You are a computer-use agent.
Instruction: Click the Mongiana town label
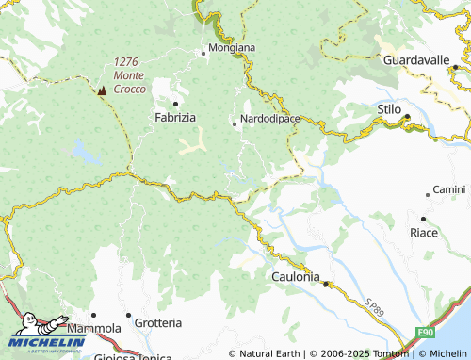[232, 47]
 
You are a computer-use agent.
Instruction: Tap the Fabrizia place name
[175, 118]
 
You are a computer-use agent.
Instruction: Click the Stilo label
[389, 110]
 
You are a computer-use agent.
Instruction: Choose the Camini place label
[449, 189]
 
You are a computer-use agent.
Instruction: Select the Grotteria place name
[158, 323]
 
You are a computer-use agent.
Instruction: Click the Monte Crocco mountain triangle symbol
[102, 90]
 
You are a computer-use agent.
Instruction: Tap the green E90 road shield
[425, 335]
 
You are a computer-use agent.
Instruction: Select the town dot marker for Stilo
[408, 117]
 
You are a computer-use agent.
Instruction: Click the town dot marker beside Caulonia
[326, 283]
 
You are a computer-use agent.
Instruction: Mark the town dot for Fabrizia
[175, 104]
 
